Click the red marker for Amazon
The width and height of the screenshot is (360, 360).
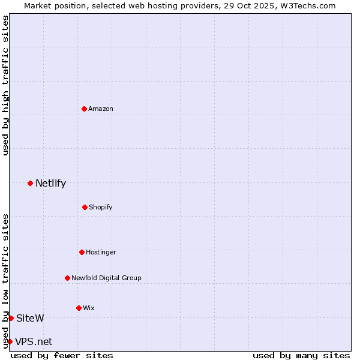click(x=84, y=109)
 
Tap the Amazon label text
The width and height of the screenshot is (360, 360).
click(x=101, y=109)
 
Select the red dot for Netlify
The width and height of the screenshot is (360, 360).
click(x=30, y=183)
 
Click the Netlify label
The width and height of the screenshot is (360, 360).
click(x=50, y=184)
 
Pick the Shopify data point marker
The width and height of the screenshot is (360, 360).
click(x=85, y=207)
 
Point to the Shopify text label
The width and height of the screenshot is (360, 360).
click(x=101, y=207)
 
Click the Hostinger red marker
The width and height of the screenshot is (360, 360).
click(x=82, y=252)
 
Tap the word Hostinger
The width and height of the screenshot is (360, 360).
click(x=101, y=252)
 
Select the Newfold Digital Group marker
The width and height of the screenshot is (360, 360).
click(x=67, y=278)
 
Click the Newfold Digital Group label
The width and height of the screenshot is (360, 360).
click(x=106, y=278)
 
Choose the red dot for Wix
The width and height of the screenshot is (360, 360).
click(x=79, y=308)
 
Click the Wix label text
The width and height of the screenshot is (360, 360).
click(x=89, y=308)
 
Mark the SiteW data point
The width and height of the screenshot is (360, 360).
click(x=11, y=318)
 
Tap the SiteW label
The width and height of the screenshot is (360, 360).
click(x=30, y=318)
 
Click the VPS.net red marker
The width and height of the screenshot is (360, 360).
click(x=10, y=341)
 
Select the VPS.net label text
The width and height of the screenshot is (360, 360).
click(x=34, y=342)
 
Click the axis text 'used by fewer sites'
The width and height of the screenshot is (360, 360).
click(x=62, y=355)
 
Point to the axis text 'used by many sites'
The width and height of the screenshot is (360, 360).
click(x=301, y=355)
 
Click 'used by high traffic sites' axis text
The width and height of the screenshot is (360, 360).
click(x=5, y=85)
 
